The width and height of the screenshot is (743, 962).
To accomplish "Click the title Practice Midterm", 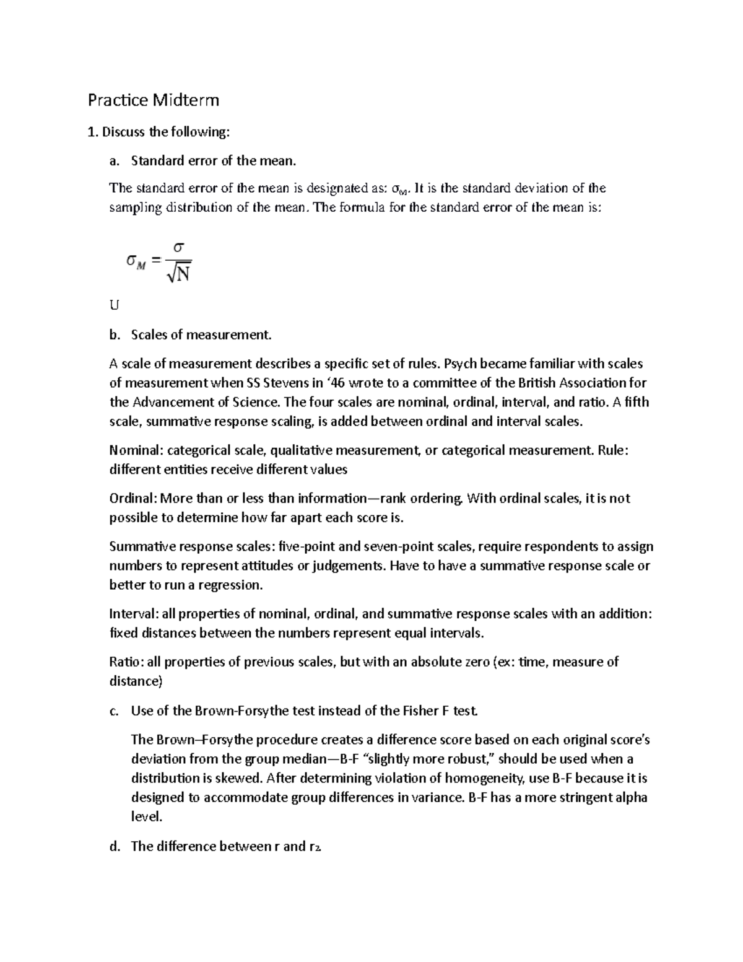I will coord(153,100).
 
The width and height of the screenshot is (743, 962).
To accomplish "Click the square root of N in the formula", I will coord(178,273).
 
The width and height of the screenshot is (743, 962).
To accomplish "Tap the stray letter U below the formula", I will coord(113,305).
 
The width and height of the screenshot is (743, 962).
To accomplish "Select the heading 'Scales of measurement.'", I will coord(201,335).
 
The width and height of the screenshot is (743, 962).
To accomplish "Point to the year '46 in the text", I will coord(336,383).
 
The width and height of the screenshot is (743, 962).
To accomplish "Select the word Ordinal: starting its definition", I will coord(134,498).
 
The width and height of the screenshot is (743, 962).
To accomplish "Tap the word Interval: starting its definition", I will coord(134,614).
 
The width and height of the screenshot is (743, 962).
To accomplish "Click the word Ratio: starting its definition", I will coord(127,662).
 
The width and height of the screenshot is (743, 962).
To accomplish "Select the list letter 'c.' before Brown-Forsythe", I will coord(114,711).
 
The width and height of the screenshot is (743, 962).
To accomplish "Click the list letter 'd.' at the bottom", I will coord(115,846).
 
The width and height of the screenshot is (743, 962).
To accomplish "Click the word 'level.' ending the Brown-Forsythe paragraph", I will coord(147,816).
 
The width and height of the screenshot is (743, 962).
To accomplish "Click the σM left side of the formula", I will coord(136,261).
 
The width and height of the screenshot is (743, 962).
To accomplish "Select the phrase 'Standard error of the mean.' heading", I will coord(214,161).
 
